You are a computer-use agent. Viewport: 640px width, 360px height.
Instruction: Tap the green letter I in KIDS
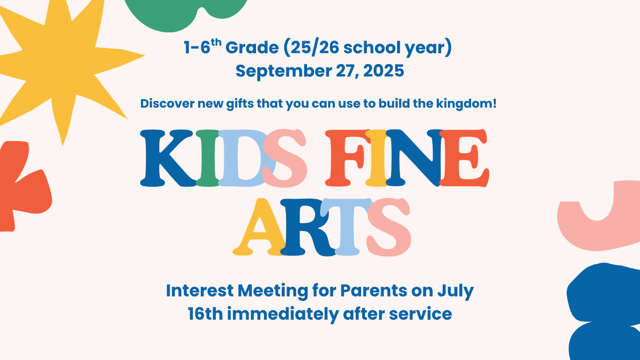[x=208, y=158]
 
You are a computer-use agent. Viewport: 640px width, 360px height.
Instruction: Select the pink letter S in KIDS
[x=285, y=158]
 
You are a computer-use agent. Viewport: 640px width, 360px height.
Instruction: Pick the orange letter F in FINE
[x=346, y=158]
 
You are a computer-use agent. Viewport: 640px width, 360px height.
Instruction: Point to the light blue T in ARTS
[x=346, y=227]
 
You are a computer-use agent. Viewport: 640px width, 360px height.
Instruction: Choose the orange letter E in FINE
[x=464, y=158]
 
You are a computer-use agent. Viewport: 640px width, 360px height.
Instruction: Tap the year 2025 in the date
[x=384, y=71]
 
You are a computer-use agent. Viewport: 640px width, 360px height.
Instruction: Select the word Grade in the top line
[x=252, y=47]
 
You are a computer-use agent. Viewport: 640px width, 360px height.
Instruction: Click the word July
[x=456, y=291]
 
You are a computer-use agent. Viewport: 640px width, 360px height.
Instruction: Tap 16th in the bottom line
[x=205, y=314]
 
